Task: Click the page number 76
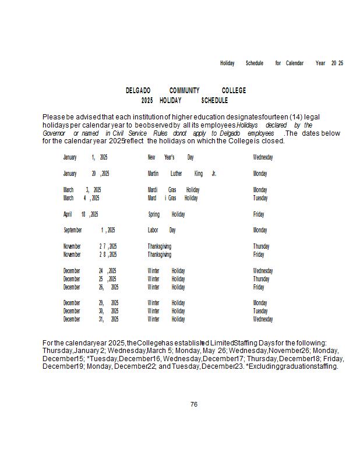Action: click(x=194, y=404)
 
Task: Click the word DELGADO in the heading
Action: click(x=138, y=91)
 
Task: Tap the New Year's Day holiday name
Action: click(x=171, y=157)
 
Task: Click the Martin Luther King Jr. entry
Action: click(x=182, y=174)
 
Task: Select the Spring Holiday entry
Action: click(x=167, y=214)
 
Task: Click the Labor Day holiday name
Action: click(x=162, y=231)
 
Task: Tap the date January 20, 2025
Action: click(x=86, y=174)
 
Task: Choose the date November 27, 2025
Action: click(x=90, y=247)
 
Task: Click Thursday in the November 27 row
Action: click(x=261, y=247)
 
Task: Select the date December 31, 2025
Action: click(x=91, y=319)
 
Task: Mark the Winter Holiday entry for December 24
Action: click(x=167, y=271)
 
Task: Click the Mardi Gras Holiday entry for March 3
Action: click(x=174, y=190)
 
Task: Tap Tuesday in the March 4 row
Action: click(x=260, y=198)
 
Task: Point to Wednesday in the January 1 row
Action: click(x=263, y=157)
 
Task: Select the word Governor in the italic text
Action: click(x=54, y=133)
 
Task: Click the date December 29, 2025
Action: click(x=91, y=303)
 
